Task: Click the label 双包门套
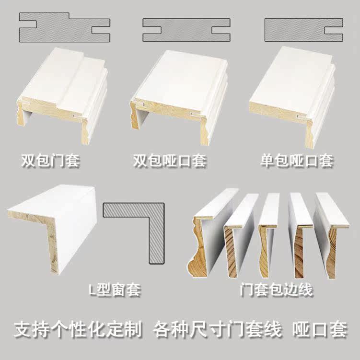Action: point(50,161)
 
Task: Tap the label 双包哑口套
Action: point(170,161)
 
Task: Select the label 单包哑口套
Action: point(297,161)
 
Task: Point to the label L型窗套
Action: point(115,290)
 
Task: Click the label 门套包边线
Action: point(276,290)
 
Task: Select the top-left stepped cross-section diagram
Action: point(65,27)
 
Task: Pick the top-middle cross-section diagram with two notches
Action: point(186,30)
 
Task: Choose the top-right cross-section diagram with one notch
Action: point(304,30)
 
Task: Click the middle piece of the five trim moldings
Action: point(267,234)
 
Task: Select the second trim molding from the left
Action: point(239,236)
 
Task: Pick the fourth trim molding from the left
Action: point(301,236)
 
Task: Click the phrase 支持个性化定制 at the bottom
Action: point(78,330)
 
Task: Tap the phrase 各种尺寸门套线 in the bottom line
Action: point(217,330)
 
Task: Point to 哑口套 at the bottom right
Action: point(320,330)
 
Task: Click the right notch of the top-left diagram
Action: point(101,30)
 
